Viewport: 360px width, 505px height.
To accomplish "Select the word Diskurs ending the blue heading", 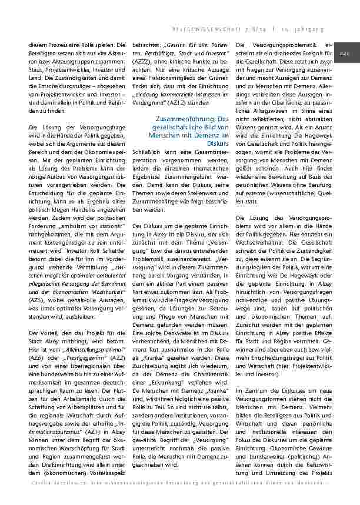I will (218, 143).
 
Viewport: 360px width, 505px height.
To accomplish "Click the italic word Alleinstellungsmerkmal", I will (74, 349).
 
